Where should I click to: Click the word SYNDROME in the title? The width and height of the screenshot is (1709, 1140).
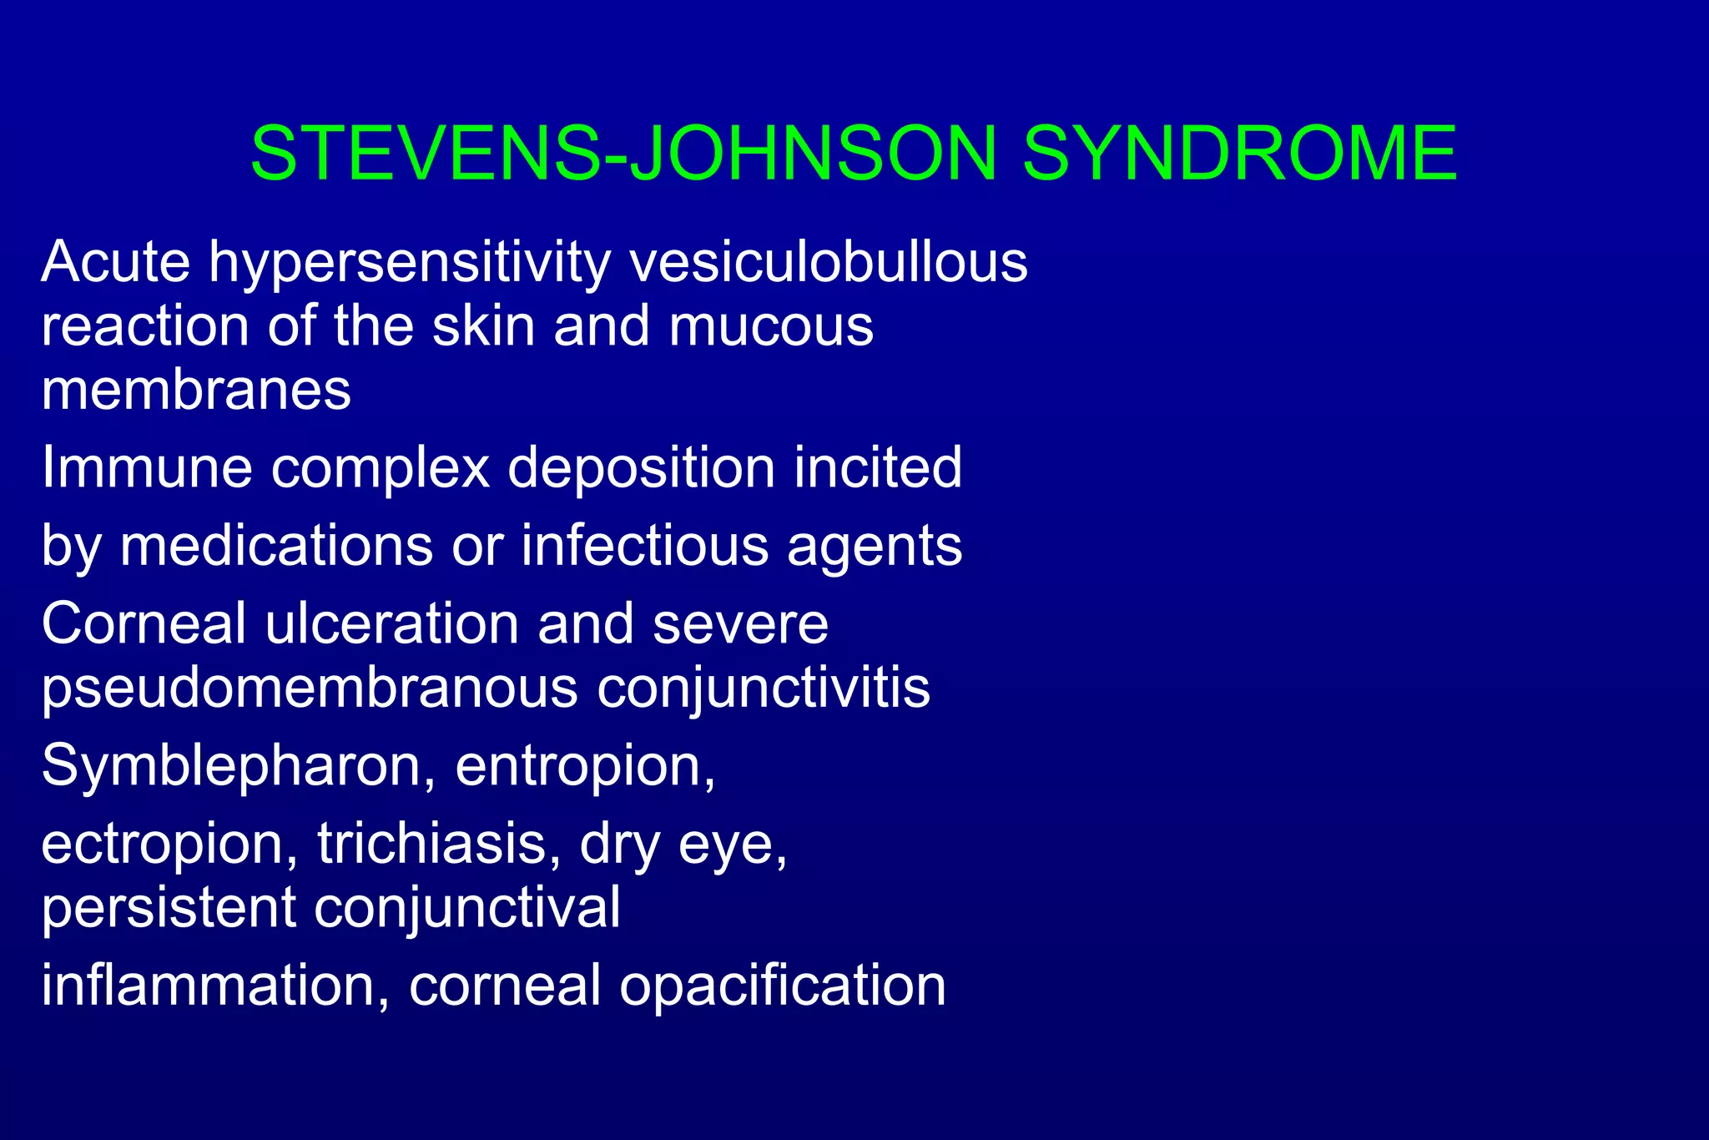(x=1239, y=154)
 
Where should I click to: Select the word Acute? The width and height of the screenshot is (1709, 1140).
(x=116, y=262)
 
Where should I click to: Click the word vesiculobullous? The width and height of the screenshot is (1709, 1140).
(x=829, y=262)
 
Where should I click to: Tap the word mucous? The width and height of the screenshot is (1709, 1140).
(x=770, y=326)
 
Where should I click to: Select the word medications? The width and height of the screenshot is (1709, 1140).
(x=276, y=546)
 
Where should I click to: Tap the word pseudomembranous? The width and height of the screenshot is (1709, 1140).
(x=310, y=689)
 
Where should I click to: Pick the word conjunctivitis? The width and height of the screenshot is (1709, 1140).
(x=764, y=689)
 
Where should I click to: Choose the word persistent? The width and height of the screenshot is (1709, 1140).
(x=169, y=907)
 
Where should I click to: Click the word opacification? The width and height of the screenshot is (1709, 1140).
(x=782, y=986)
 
